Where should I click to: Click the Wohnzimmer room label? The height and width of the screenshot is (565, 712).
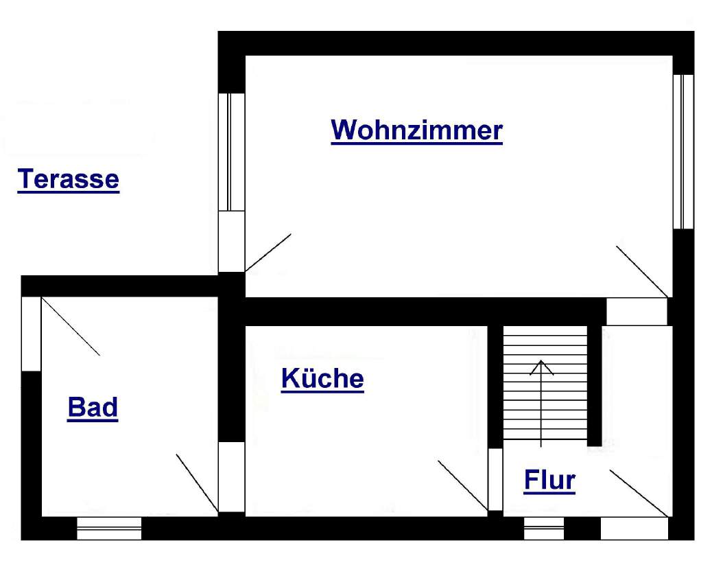[x=416, y=130]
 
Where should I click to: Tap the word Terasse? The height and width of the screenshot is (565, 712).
[x=68, y=179]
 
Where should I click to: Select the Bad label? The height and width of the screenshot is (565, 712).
[x=93, y=408]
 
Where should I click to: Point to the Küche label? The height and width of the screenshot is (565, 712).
[x=322, y=378]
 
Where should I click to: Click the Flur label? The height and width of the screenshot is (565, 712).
[x=549, y=481]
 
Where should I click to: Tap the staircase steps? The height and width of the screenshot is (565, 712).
[x=545, y=405]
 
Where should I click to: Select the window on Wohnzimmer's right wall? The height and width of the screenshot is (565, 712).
[x=683, y=151]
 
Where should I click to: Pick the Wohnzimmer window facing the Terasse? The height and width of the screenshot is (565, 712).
[x=231, y=151]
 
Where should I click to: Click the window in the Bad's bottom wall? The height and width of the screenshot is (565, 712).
[x=109, y=529]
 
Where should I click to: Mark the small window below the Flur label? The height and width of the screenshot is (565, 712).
[x=544, y=529]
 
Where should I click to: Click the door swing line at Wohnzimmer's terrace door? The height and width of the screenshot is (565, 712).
[x=268, y=253]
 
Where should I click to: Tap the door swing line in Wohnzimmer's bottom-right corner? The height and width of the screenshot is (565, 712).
[x=641, y=270]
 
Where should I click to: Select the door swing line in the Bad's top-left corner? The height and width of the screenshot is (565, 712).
[x=71, y=326]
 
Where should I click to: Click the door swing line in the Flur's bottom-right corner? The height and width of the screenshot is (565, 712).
[x=639, y=493]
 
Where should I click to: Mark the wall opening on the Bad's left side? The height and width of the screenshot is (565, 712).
[x=32, y=334]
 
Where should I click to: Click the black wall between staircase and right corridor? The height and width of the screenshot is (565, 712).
[x=595, y=384]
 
